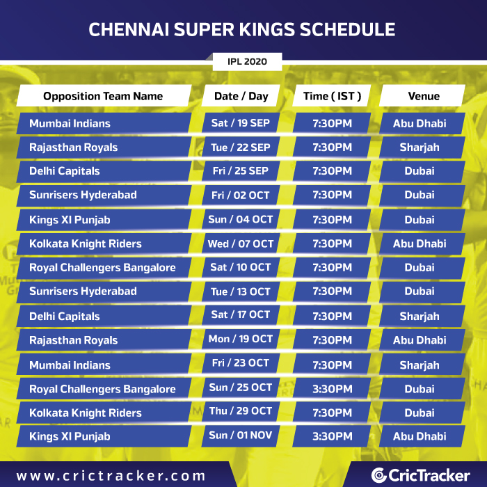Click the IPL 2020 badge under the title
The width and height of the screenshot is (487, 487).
[247, 61]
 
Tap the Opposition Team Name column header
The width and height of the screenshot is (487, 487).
[104, 96]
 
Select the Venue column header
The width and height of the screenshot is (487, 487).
[422, 96]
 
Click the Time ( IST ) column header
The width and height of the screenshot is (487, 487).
[332, 96]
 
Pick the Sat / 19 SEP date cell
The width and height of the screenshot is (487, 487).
[241, 123]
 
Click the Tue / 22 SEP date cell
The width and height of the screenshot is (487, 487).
[241, 147]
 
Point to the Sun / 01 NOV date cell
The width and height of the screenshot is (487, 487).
[241, 436]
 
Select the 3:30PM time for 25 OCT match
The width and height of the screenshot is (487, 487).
[332, 388]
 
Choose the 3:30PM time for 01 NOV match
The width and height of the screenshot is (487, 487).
[332, 436]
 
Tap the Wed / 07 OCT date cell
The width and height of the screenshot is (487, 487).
[241, 243]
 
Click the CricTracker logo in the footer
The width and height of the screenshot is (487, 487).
[420, 475]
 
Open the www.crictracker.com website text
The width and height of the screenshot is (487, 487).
[111, 476]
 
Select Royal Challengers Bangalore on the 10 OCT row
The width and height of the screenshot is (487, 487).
[102, 267]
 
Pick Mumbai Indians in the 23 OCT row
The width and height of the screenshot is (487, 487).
[70, 365]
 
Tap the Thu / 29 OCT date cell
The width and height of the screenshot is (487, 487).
[241, 411]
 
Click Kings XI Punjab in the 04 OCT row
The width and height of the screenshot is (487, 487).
[70, 220]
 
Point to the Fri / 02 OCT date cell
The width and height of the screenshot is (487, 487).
[241, 195]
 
